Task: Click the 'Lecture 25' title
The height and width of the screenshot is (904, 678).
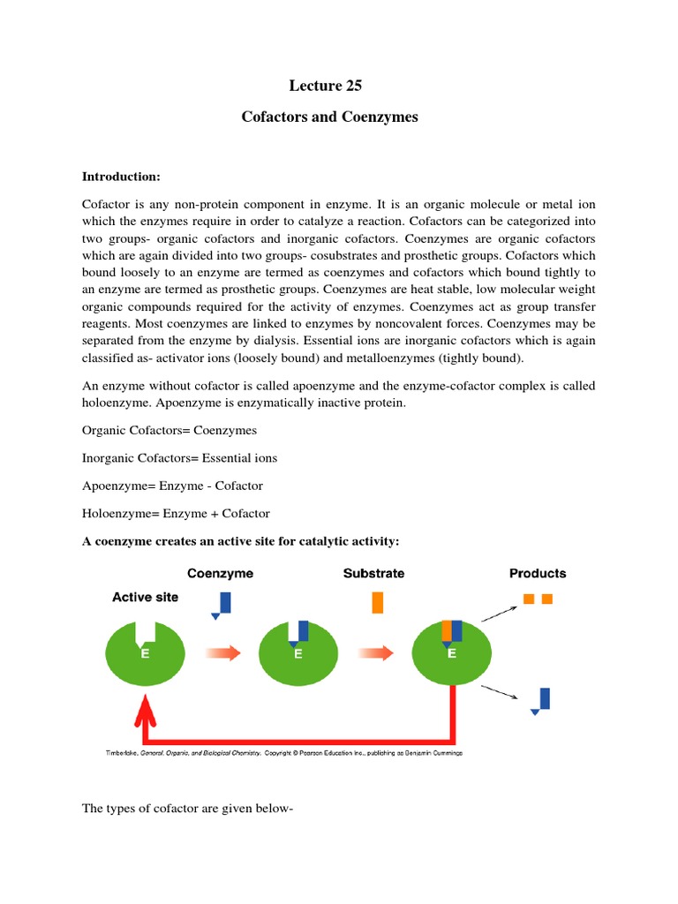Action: pyautogui.click(x=326, y=86)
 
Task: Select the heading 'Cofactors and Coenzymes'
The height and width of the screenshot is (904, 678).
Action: pyautogui.click(x=329, y=117)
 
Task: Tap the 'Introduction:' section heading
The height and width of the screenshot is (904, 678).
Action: pyautogui.click(x=121, y=177)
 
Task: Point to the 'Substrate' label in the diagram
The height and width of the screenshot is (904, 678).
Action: pyautogui.click(x=373, y=573)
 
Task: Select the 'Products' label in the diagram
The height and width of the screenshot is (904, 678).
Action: pyautogui.click(x=538, y=573)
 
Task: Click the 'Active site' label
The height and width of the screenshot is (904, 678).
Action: pyautogui.click(x=145, y=597)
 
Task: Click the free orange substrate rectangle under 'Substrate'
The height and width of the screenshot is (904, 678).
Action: pyautogui.click(x=377, y=602)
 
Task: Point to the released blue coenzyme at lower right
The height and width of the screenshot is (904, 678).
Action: pyautogui.click(x=542, y=700)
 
